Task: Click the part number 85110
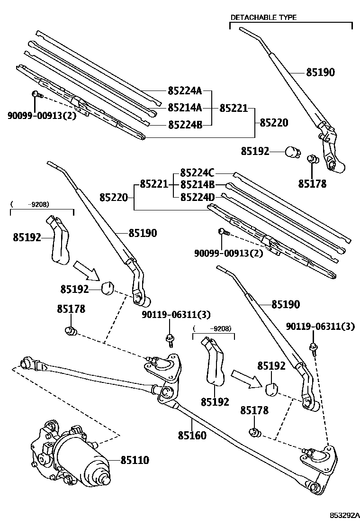[x=135, y=460]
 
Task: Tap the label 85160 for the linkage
[x=192, y=435]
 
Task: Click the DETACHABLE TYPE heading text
[x=263, y=18]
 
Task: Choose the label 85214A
[x=184, y=108]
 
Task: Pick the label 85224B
[x=184, y=125]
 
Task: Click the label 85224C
[x=198, y=173]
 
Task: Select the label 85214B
[x=198, y=184]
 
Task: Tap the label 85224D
[x=198, y=196]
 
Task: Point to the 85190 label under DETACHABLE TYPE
[x=320, y=73]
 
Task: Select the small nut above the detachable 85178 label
[x=312, y=159]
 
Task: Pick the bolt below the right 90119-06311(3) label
[x=314, y=349]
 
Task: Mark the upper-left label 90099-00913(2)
[x=42, y=115]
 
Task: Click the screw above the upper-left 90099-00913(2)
[x=36, y=95]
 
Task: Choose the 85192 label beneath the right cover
[x=215, y=402]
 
